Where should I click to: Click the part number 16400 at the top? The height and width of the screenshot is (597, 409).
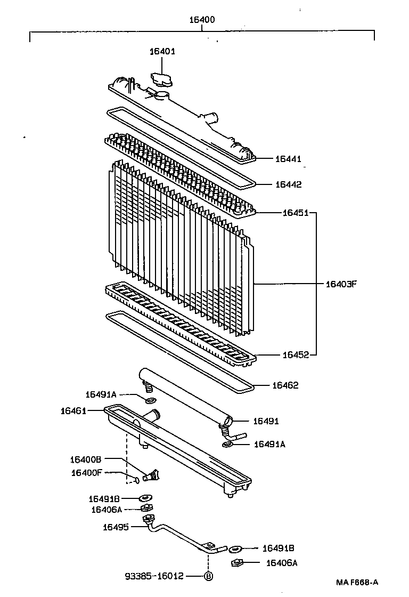(x=202, y=20)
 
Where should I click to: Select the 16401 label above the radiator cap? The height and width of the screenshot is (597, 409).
(x=161, y=51)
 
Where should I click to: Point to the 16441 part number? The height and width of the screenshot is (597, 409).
(x=288, y=159)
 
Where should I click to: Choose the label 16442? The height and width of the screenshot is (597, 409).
(x=288, y=184)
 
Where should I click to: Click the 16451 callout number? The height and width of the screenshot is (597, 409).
(x=296, y=213)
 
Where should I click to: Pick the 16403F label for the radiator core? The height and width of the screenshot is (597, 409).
(x=340, y=284)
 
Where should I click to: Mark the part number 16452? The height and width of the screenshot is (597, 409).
(x=296, y=354)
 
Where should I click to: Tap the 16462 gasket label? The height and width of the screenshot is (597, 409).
(x=285, y=385)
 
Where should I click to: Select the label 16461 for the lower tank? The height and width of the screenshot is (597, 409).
(x=73, y=410)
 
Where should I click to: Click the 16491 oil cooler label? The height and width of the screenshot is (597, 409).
(x=266, y=421)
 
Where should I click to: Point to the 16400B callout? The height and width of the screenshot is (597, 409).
(x=85, y=459)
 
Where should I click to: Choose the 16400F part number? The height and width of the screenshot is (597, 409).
(x=85, y=472)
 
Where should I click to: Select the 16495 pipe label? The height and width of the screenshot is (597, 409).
(x=116, y=527)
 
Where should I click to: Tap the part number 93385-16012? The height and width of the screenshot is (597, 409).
(x=154, y=576)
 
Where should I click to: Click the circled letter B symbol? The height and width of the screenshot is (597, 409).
(x=208, y=576)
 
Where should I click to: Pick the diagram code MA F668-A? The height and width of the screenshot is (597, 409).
(x=360, y=583)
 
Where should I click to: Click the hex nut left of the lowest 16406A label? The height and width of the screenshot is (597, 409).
(x=238, y=562)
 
